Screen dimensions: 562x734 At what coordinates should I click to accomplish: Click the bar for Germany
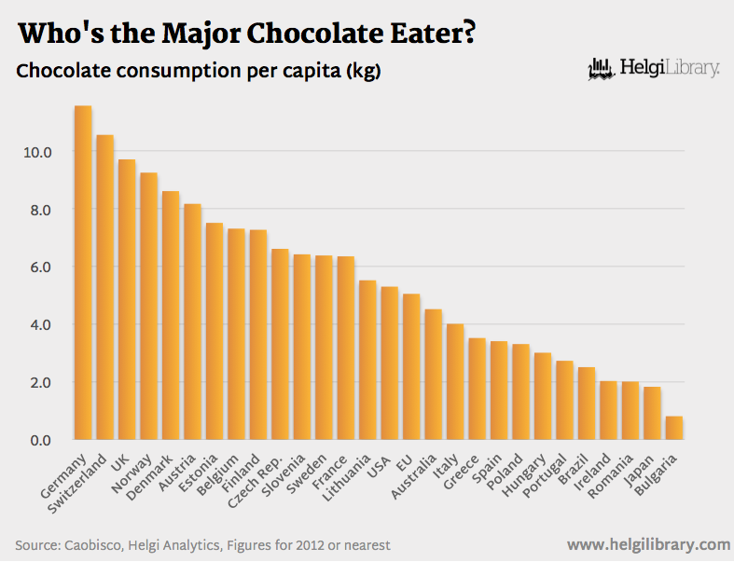[83, 272]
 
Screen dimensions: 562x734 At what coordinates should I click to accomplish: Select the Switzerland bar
[104, 287]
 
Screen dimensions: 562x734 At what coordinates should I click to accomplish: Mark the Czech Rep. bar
[280, 344]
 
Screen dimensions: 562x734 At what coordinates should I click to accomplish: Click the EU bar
[411, 366]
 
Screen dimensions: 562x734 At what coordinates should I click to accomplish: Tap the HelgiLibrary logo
[654, 68]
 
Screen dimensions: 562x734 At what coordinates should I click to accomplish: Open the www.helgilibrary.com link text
[647, 544]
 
